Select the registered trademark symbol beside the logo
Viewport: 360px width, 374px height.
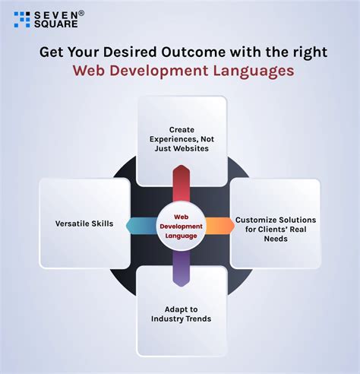[x=81, y=13]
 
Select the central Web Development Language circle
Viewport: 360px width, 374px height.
[x=180, y=226]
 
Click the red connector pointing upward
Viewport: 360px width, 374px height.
[x=180, y=187]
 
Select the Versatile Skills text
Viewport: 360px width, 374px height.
[x=84, y=224]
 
